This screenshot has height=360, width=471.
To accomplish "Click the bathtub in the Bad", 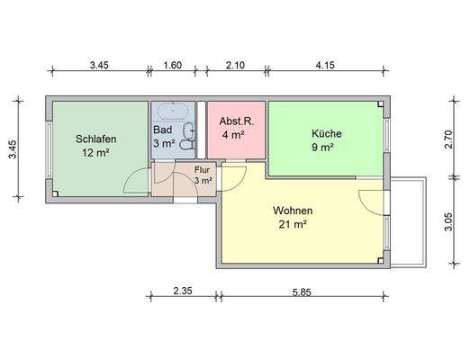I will pyautogui.click(x=172, y=112).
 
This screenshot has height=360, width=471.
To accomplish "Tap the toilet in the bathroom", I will pyautogui.click(x=187, y=142).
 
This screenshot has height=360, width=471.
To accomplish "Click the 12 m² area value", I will pyautogui.click(x=94, y=153).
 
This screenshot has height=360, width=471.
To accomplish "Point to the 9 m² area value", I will pyautogui.click(x=322, y=148).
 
